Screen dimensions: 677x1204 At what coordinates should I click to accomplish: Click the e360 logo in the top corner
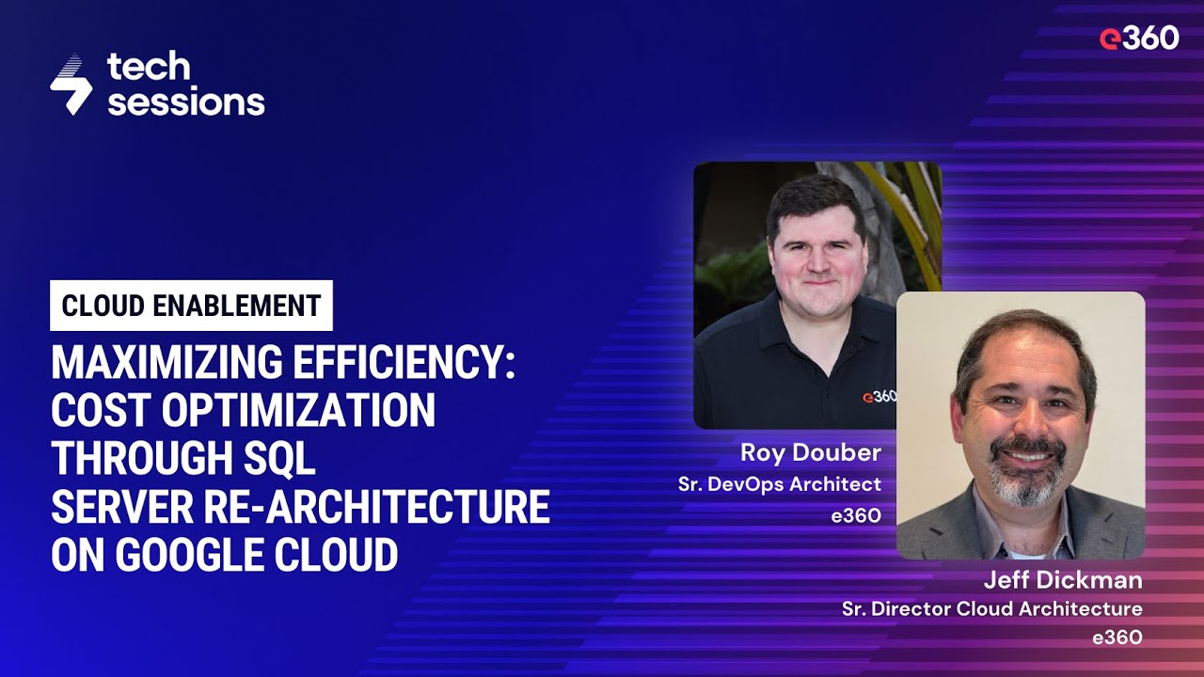coord(1138,38)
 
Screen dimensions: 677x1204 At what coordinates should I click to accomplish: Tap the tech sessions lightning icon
coord(71,85)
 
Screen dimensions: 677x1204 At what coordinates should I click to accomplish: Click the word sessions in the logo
coord(185,102)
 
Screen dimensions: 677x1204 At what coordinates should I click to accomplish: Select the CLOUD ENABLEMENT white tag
coord(191,306)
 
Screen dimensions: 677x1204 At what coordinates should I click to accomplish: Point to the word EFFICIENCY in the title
coord(415,363)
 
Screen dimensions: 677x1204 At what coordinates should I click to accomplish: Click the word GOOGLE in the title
coord(197,556)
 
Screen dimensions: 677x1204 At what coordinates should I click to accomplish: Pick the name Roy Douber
coord(811,452)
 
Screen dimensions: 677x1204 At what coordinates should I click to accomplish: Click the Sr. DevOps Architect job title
coord(780,484)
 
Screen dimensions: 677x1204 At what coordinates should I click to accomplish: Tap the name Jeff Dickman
coord(1063,578)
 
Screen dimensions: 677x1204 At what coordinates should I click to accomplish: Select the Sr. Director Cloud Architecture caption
coord(992,608)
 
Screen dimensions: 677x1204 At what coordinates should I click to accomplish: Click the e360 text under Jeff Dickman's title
coord(1117,638)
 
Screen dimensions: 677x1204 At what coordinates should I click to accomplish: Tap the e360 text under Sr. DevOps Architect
coord(857,514)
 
